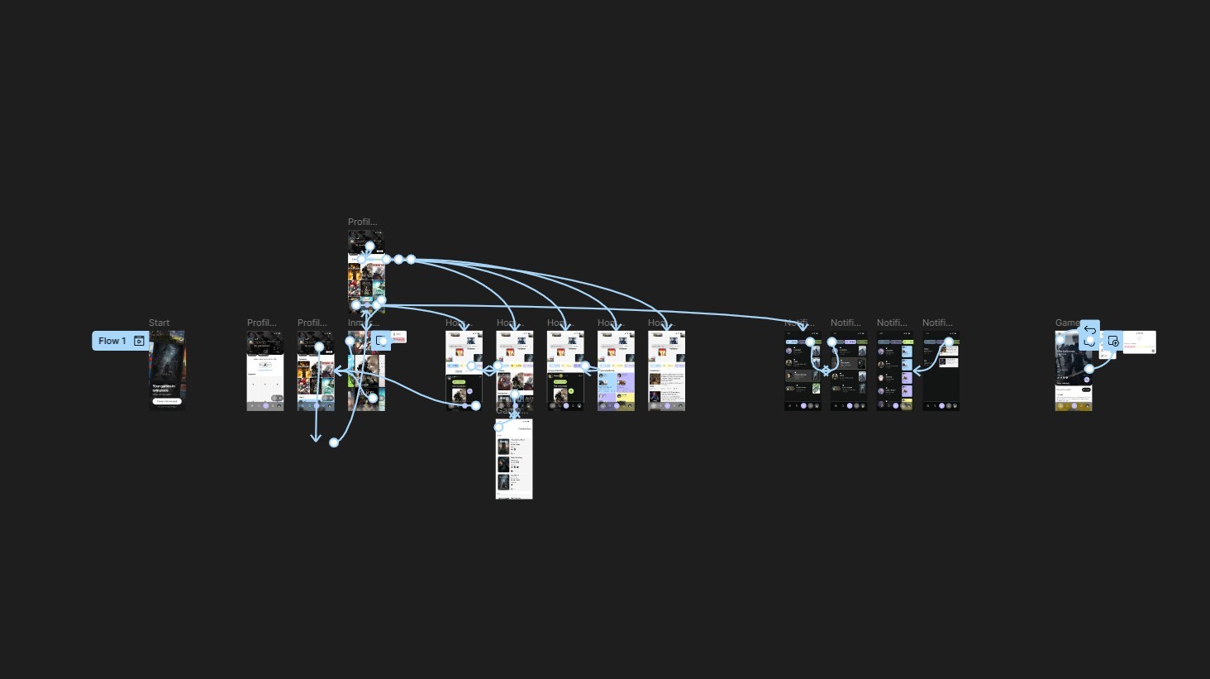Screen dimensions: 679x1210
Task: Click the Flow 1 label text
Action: pyautogui.click(x=112, y=341)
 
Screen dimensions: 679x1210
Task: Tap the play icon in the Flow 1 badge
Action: pyautogui.click(x=139, y=341)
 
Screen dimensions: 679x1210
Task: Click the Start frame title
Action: pyautogui.click(x=159, y=323)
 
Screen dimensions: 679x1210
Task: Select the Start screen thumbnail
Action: pyautogui.click(x=167, y=371)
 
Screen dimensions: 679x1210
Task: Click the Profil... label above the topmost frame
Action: pyautogui.click(x=362, y=222)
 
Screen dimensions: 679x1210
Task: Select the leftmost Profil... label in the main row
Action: pyautogui.click(x=261, y=323)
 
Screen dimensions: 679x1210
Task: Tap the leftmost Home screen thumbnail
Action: pyautogui.click(x=464, y=371)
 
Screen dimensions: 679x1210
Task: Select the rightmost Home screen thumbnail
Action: pyautogui.click(x=667, y=371)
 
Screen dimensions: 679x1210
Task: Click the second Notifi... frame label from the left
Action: pyautogui.click(x=846, y=323)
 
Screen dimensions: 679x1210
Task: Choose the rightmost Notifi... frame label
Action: pyautogui.click(x=937, y=323)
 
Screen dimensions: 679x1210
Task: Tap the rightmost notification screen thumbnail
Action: pyautogui.click(x=941, y=380)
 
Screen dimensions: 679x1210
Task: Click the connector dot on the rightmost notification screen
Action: pyautogui.click(x=949, y=342)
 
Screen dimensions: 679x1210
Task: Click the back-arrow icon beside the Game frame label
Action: pyautogui.click(x=1089, y=330)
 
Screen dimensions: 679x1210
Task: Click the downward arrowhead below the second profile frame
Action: pyautogui.click(x=316, y=438)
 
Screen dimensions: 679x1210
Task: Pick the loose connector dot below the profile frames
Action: pyautogui.click(x=334, y=442)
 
